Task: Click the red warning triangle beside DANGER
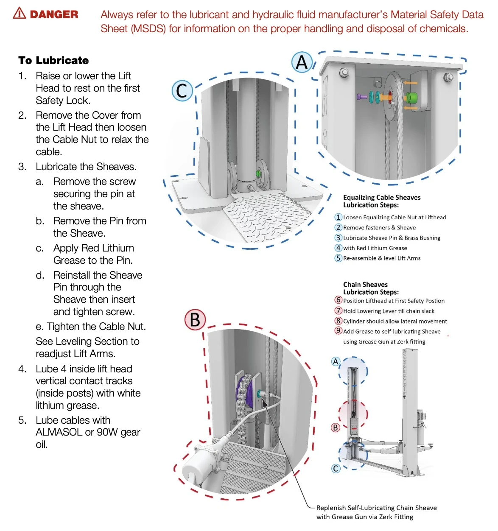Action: tap(20, 14)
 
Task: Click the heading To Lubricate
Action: tap(53, 60)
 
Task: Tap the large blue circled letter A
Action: tap(302, 62)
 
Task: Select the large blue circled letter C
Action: tap(182, 90)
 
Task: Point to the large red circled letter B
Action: tap(195, 320)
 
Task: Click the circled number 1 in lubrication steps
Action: tap(338, 217)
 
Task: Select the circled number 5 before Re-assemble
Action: tap(338, 258)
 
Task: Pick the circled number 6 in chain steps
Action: tap(338, 300)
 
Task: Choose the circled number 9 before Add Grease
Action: tap(338, 331)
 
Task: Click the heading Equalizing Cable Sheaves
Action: tap(382, 197)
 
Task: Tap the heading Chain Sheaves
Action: tap(365, 285)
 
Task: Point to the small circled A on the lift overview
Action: tap(336, 362)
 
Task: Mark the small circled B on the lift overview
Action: tap(336, 428)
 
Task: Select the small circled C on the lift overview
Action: tap(336, 468)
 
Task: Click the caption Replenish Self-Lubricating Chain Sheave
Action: tap(376, 508)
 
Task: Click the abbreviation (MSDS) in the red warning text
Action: tap(148, 29)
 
